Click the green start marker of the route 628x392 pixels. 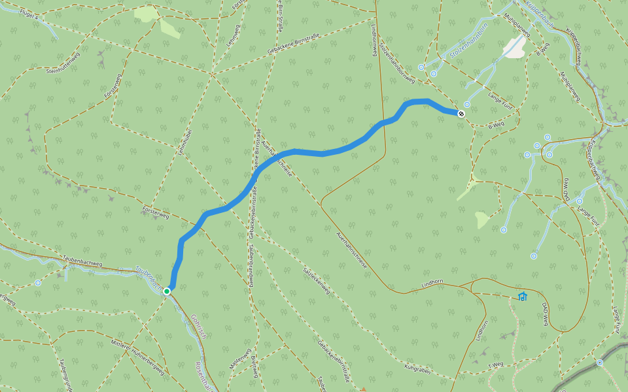167,291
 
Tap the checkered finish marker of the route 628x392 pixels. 461,114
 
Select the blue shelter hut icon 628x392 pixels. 522,296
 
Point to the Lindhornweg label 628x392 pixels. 375,41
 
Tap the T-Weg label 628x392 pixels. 496,365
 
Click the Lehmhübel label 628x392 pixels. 184,140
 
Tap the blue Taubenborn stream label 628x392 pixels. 148,277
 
